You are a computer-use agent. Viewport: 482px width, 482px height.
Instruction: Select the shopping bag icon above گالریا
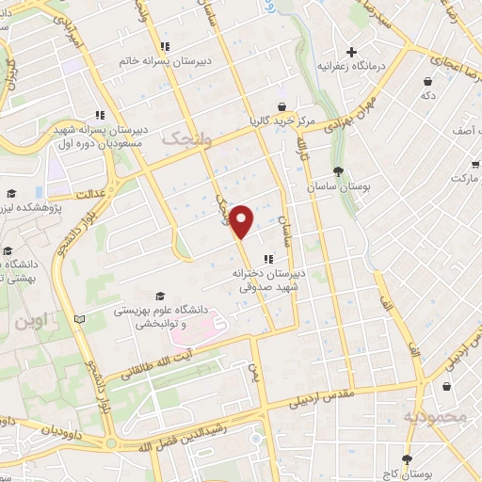pos(281,106)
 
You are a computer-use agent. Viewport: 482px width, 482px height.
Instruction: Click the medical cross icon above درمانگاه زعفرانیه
pos(352,52)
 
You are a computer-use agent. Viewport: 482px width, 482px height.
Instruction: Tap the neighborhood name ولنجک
pos(182,138)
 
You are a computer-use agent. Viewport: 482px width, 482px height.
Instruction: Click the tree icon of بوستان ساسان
pos(337,171)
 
